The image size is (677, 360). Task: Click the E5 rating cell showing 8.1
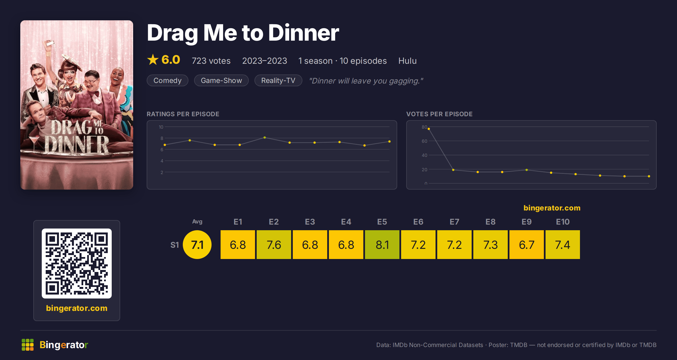pos(382,245)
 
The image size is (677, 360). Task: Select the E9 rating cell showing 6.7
pos(527,245)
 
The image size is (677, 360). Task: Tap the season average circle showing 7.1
pos(197,245)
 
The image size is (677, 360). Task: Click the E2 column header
pos(274,222)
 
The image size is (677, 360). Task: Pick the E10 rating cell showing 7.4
pos(563,245)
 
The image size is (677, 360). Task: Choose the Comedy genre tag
pos(168,80)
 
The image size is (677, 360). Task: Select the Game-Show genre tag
pos(221,80)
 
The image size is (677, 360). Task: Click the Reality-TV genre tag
pos(278,80)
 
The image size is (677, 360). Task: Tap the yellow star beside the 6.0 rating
pos(153,60)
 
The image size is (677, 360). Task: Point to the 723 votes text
pos(211,61)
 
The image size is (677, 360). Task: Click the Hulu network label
pos(407,61)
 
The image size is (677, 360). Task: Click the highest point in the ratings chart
pos(265,138)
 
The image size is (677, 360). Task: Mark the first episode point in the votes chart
pos(429,129)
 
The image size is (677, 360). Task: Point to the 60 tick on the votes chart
pos(424,141)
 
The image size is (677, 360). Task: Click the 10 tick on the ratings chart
pos(161,127)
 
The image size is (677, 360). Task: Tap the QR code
pos(77,264)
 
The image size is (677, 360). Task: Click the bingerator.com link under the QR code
pos(77,308)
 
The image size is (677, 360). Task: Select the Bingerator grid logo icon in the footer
pos(28,345)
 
